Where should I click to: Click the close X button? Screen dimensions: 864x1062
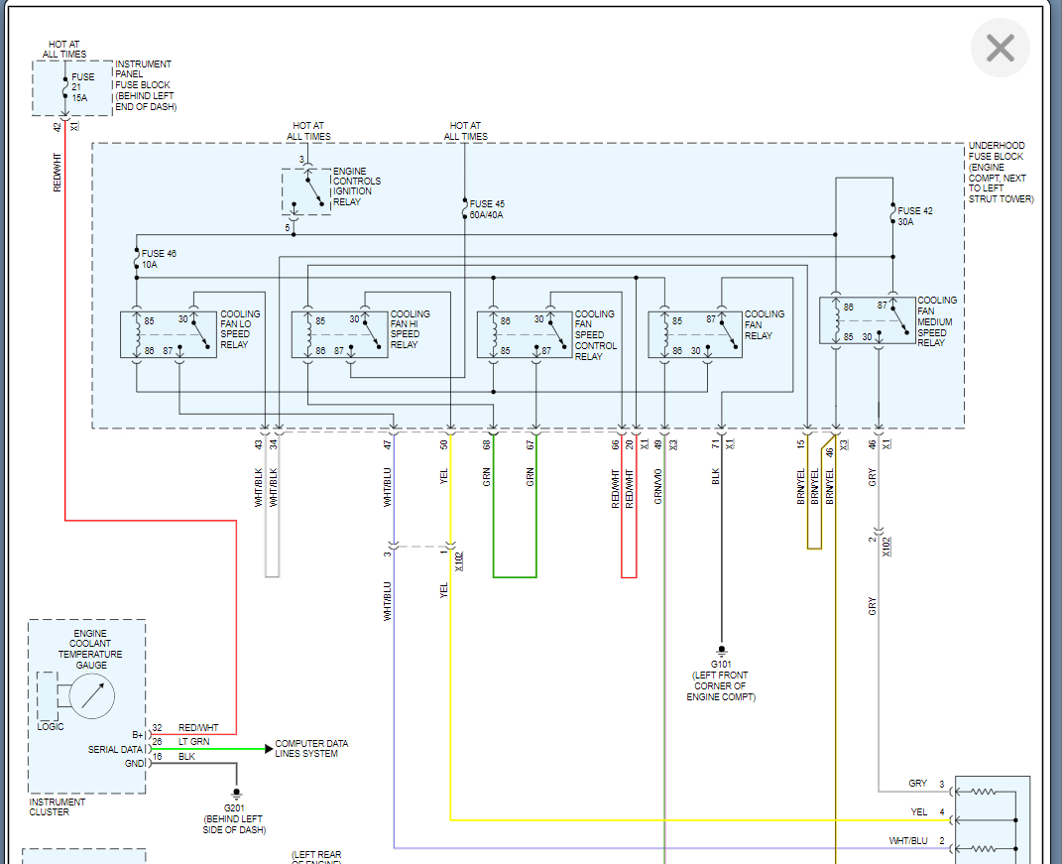click(1000, 48)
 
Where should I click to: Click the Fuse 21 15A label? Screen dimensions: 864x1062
click(84, 86)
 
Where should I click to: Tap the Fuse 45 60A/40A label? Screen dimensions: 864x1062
click(486, 209)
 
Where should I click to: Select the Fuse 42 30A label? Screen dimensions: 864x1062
click(914, 216)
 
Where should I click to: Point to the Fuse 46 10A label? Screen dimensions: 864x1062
click(159, 259)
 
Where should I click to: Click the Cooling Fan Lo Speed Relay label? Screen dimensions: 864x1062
click(240, 329)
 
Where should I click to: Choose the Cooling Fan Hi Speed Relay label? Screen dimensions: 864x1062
click(411, 329)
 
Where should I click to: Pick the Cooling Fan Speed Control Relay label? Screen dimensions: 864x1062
click(595, 334)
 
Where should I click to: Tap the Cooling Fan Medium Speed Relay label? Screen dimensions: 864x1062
click(937, 321)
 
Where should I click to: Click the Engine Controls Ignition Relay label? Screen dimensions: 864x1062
click(356, 186)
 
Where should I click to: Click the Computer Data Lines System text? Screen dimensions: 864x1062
click(311, 749)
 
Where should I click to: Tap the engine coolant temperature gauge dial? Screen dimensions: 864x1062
click(92, 696)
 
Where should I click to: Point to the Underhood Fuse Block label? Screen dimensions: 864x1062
click(1000, 173)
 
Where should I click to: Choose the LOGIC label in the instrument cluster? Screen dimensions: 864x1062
click(51, 726)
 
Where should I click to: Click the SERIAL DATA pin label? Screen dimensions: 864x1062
click(117, 749)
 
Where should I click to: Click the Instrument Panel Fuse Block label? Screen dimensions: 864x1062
click(145, 85)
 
